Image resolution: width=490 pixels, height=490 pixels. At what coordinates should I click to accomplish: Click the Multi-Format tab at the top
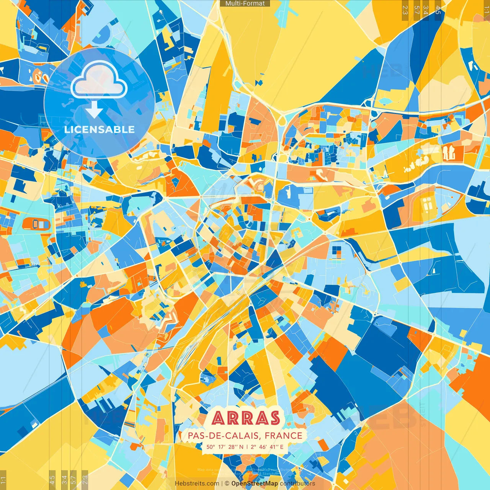tap(245, 3)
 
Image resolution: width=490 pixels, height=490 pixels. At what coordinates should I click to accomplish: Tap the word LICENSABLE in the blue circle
tap(100, 129)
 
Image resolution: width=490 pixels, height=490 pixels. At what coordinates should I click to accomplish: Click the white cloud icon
tap(99, 80)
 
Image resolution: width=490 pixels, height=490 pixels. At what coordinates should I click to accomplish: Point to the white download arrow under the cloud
tap(94, 110)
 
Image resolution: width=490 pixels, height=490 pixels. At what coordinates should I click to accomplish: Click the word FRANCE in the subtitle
tap(283, 436)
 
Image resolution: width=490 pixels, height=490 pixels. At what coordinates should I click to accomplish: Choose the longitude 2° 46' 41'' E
tap(266, 447)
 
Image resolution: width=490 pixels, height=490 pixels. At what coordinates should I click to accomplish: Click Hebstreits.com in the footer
tap(197, 483)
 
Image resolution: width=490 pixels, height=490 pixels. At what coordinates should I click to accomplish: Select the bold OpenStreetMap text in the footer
tap(255, 483)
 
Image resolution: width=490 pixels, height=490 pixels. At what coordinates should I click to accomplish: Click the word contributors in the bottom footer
tap(297, 483)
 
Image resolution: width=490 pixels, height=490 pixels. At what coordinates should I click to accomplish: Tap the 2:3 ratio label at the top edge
tap(405, 10)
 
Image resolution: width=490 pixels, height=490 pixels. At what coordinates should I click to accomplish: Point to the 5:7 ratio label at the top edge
tap(416, 10)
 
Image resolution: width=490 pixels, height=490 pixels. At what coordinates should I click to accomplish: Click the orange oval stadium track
tap(37, 224)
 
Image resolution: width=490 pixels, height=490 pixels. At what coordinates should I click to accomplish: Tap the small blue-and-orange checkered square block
tap(336, 252)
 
